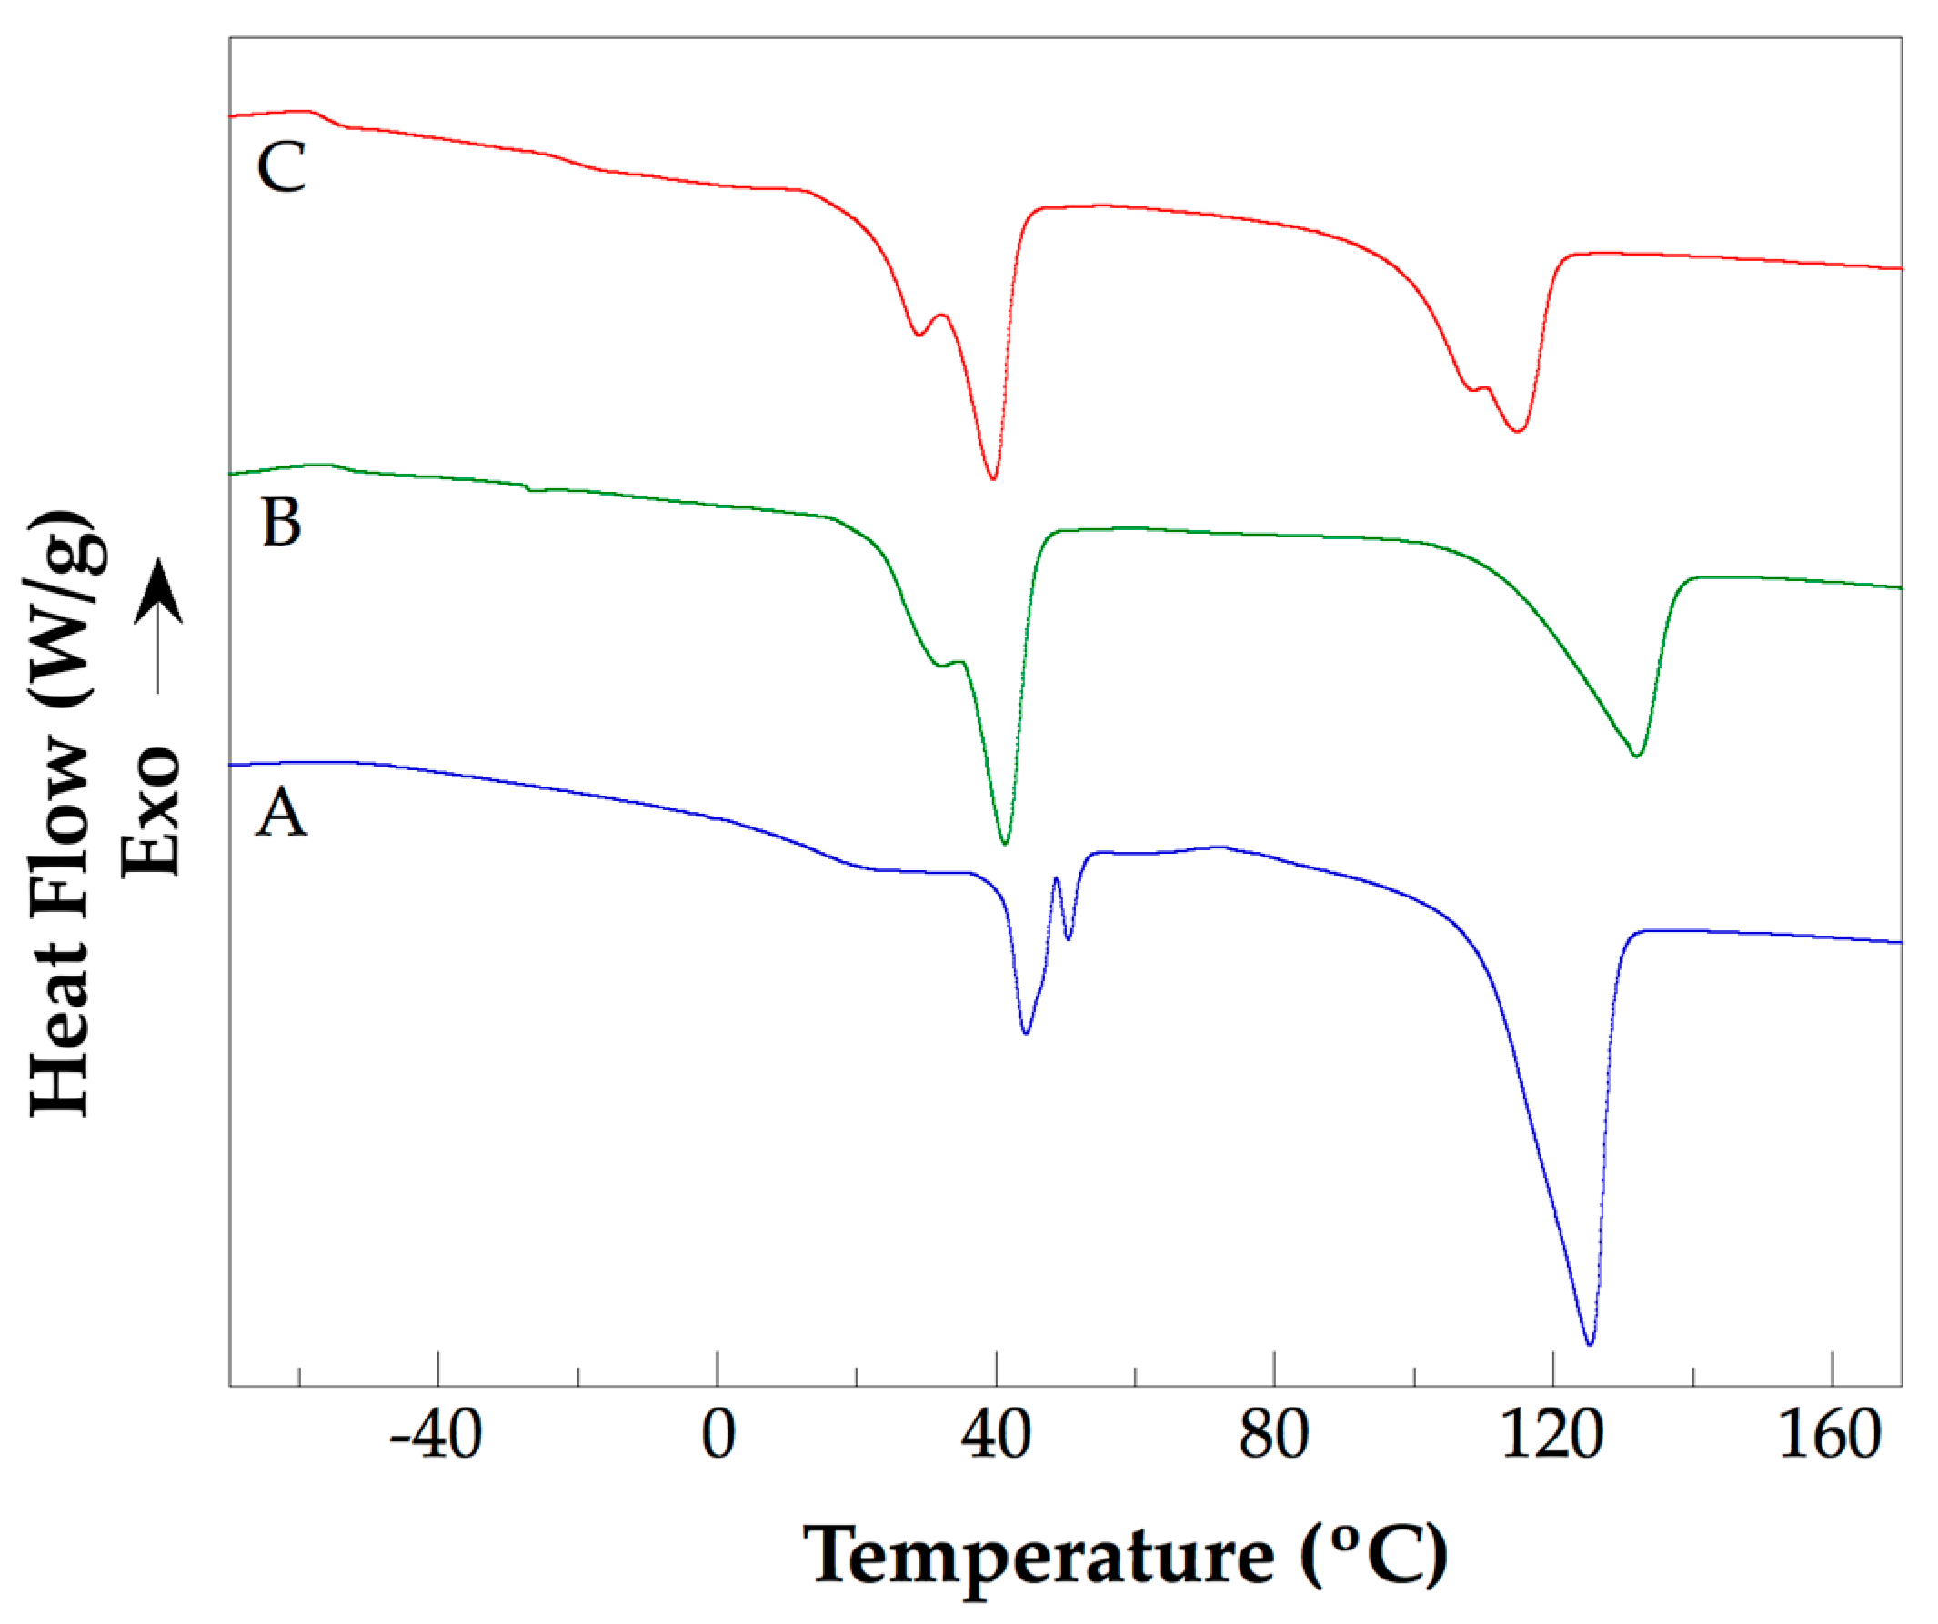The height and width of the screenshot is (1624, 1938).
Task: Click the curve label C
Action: coord(282,168)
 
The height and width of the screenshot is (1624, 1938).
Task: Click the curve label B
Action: coord(282,522)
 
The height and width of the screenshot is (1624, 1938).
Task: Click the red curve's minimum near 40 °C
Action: coord(993,479)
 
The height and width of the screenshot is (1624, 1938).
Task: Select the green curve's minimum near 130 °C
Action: coord(1636,756)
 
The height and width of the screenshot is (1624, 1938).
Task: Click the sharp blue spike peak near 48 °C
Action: coord(1056,878)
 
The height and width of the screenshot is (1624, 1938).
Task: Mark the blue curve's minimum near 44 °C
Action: coord(1026,1033)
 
